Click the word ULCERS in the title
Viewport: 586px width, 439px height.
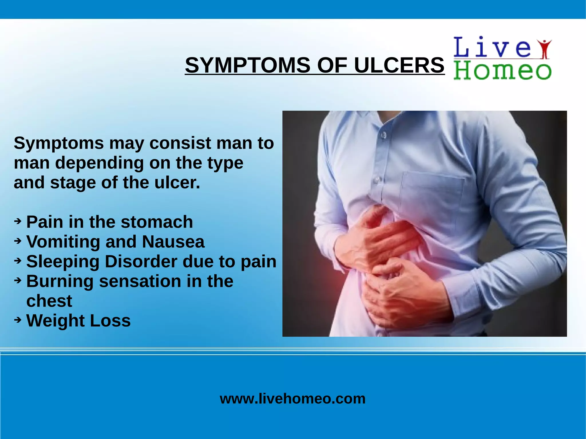[399, 65]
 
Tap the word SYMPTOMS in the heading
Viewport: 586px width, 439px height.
[248, 65]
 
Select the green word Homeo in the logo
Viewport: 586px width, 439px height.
[502, 71]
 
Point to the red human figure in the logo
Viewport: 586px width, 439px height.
[545, 49]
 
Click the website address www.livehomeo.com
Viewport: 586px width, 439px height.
[292, 398]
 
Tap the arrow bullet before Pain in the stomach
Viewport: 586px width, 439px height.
[18, 221]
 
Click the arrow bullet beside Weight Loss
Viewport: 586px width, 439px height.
[18, 320]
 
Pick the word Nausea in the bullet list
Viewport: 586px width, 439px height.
[173, 242]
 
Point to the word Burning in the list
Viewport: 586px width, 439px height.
[60, 281]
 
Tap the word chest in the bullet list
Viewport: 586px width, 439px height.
[49, 301]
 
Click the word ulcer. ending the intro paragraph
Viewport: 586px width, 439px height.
[177, 182]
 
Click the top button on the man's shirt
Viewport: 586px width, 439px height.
[383, 135]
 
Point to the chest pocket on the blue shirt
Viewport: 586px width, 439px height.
[432, 192]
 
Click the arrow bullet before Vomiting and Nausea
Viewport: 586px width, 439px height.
[18, 241]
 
